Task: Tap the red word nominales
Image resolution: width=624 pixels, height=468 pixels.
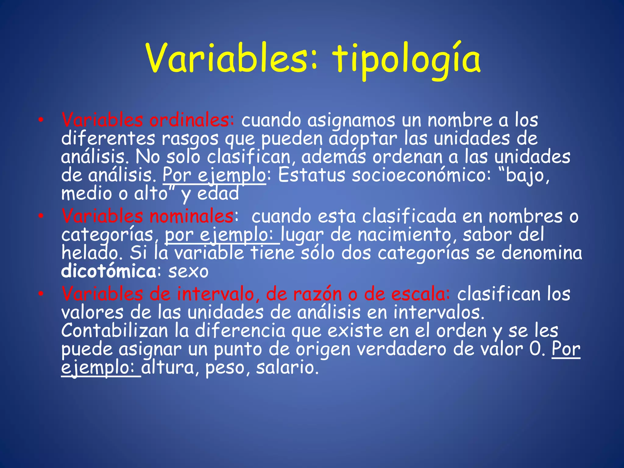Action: pyautogui.click(x=192, y=216)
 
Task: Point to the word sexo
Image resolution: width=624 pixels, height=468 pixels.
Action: pyautogui.click(x=188, y=271)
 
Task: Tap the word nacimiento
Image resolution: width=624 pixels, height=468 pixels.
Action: pyautogui.click(x=406, y=235)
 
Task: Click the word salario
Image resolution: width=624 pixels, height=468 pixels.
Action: pyautogui.click(x=287, y=368)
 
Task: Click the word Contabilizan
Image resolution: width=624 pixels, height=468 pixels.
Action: pyautogui.click(x=115, y=331)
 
